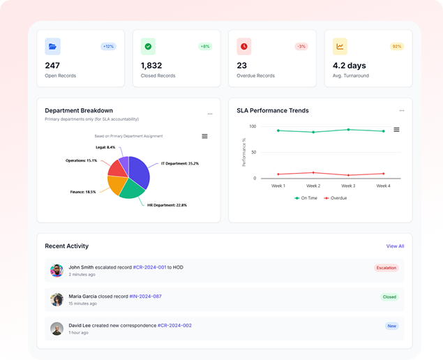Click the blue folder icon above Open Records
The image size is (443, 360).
coord(53,47)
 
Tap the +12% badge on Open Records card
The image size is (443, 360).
coord(108,47)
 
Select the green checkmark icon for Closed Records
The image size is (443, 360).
coord(149,47)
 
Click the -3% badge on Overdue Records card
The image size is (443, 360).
coord(301,47)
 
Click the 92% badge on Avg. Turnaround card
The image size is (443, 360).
coord(397,47)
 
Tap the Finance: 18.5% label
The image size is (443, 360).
coord(82,191)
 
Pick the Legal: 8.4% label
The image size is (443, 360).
coord(105,147)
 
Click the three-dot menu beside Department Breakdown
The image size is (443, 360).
coord(210,113)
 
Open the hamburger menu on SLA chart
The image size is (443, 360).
coord(396,129)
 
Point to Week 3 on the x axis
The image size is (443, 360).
coord(348,186)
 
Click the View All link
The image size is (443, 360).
coord(395,246)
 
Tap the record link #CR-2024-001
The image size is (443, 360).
coord(149,267)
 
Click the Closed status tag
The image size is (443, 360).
coord(389,297)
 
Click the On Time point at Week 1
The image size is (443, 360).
coord(278,130)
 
